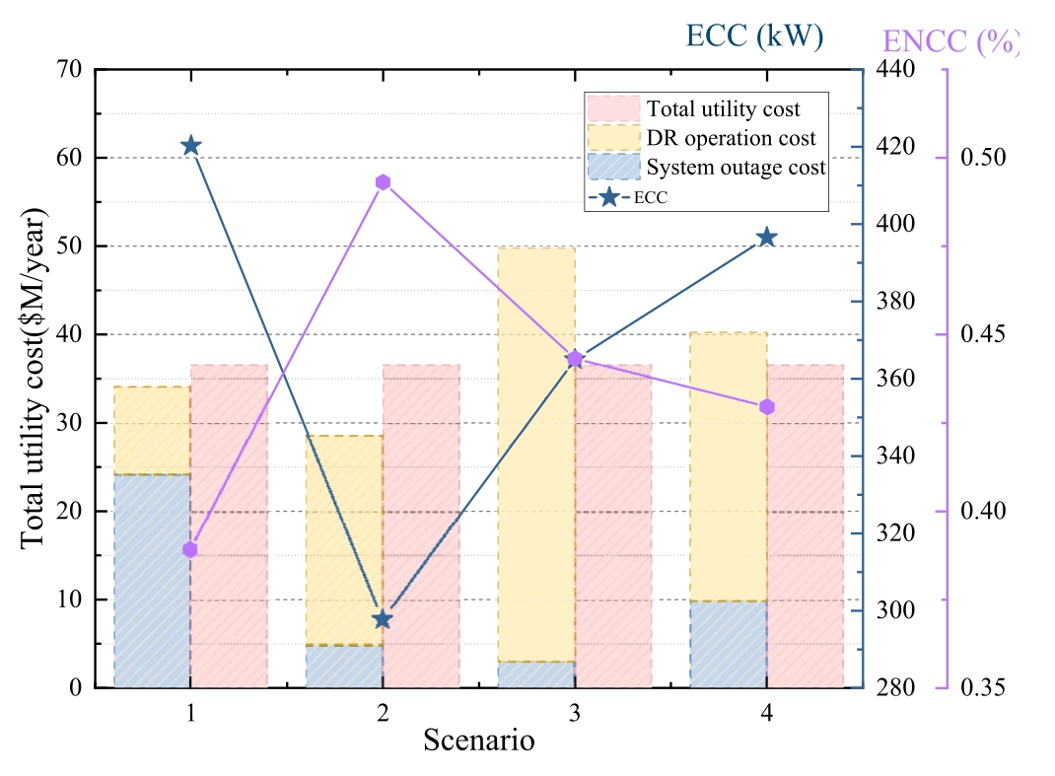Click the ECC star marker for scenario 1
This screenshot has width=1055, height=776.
(x=191, y=146)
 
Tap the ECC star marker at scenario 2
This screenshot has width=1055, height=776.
(x=383, y=619)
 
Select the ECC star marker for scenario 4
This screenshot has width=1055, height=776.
(x=767, y=238)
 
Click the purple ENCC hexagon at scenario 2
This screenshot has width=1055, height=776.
(x=383, y=182)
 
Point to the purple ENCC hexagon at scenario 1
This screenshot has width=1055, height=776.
(x=190, y=549)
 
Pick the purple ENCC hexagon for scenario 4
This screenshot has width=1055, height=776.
(x=767, y=407)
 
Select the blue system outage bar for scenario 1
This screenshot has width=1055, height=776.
(x=153, y=581)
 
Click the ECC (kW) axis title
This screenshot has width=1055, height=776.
(x=754, y=36)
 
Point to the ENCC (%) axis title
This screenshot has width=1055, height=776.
(x=949, y=41)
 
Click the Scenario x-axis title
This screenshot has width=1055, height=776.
(x=479, y=740)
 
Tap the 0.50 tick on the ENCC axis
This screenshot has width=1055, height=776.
(x=982, y=159)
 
